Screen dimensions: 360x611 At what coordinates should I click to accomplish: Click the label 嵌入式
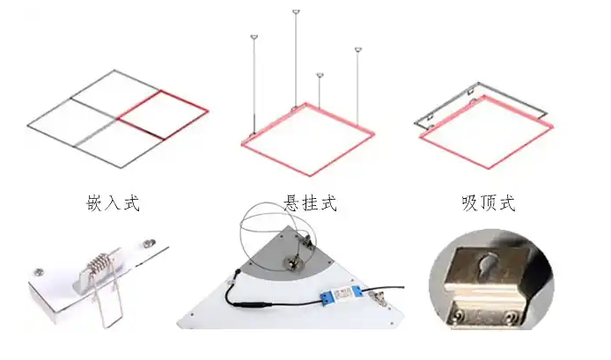click(114, 204)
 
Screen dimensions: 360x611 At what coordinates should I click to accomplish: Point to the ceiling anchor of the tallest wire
click(294, 12)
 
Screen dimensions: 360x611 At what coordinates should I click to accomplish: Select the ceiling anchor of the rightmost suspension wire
click(358, 50)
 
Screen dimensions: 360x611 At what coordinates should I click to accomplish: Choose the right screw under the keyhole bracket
click(510, 313)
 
